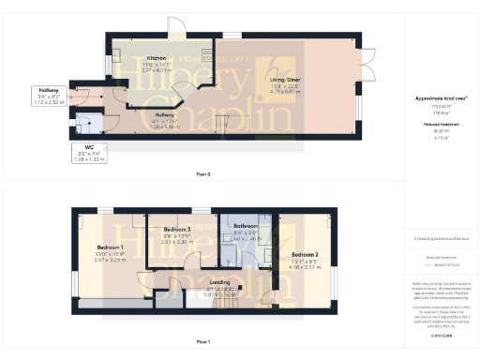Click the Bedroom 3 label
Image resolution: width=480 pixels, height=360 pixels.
177,230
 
